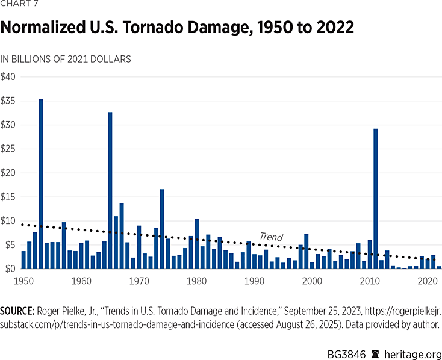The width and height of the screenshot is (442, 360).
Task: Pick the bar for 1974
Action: (162, 229)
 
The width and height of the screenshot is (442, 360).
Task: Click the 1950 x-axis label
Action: (23, 281)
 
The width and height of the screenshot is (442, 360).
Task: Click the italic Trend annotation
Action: (271, 237)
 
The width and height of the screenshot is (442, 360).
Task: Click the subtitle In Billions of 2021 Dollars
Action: (66, 59)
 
